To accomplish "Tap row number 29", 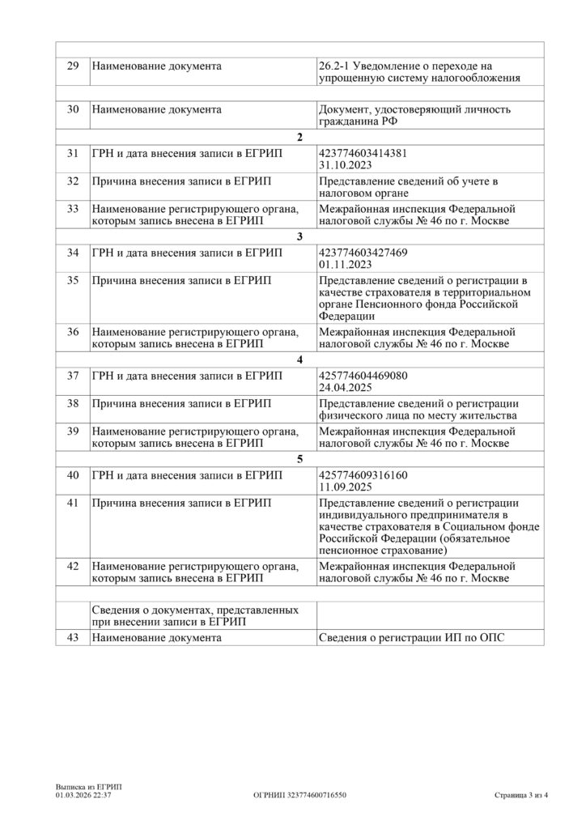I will [x=73, y=66].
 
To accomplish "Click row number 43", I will [x=73, y=638].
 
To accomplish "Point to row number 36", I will [x=73, y=332].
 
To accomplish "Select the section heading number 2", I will [x=300, y=137].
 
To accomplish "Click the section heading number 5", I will [x=300, y=460].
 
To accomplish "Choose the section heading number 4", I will [x=300, y=361].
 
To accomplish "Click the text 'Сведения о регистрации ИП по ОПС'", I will [x=416, y=638].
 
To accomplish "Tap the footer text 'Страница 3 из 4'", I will [x=521, y=795].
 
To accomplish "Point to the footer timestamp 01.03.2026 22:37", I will [x=83, y=795].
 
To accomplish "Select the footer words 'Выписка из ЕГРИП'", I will [x=83, y=787].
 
